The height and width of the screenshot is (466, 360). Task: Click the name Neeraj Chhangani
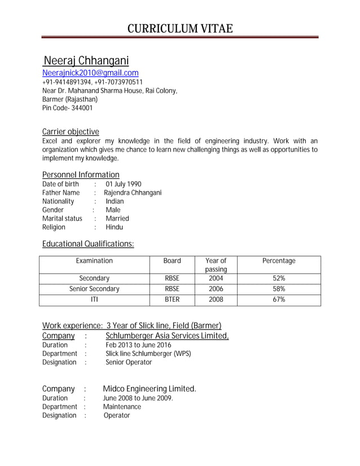pos(86,61)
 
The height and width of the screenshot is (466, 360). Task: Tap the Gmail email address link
pos(90,73)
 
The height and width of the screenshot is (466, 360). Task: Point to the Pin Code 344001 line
pos(67,108)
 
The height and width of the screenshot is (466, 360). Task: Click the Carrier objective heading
pos(71,131)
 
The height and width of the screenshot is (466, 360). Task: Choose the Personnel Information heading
pos(81,174)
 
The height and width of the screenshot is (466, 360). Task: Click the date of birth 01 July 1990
pos(124,184)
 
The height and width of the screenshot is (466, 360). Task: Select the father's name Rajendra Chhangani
pos(133,192)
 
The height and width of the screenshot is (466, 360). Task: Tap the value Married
pos(117,218)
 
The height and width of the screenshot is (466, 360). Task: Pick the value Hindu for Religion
pos(115,227)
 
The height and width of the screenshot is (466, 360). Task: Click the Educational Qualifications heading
pos(88,244)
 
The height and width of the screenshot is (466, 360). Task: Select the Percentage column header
pos(279,261)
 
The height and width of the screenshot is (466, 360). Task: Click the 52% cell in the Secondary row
pos(279,278)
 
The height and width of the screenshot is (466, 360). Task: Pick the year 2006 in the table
pos(216,289)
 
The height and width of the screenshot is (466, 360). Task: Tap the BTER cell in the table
pos(172,300)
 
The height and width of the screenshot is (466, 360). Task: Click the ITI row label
pos(94,300)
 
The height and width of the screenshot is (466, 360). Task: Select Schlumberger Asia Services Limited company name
pos(167,336)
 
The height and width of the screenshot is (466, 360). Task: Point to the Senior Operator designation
pos(129,362)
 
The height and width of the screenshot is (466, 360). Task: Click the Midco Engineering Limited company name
pos(150,389)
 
